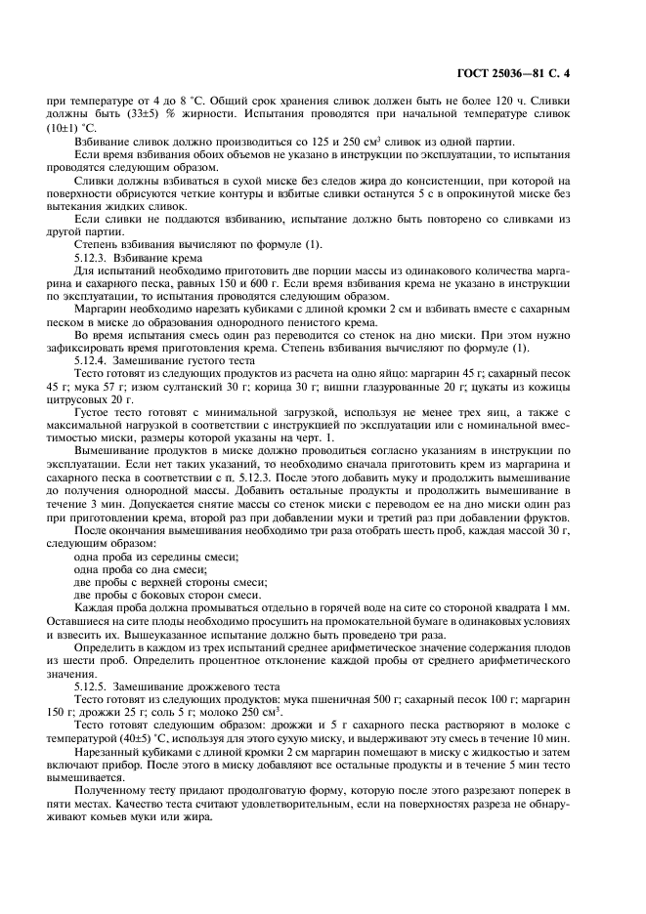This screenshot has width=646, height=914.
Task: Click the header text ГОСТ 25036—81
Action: [x=545, y=74]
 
